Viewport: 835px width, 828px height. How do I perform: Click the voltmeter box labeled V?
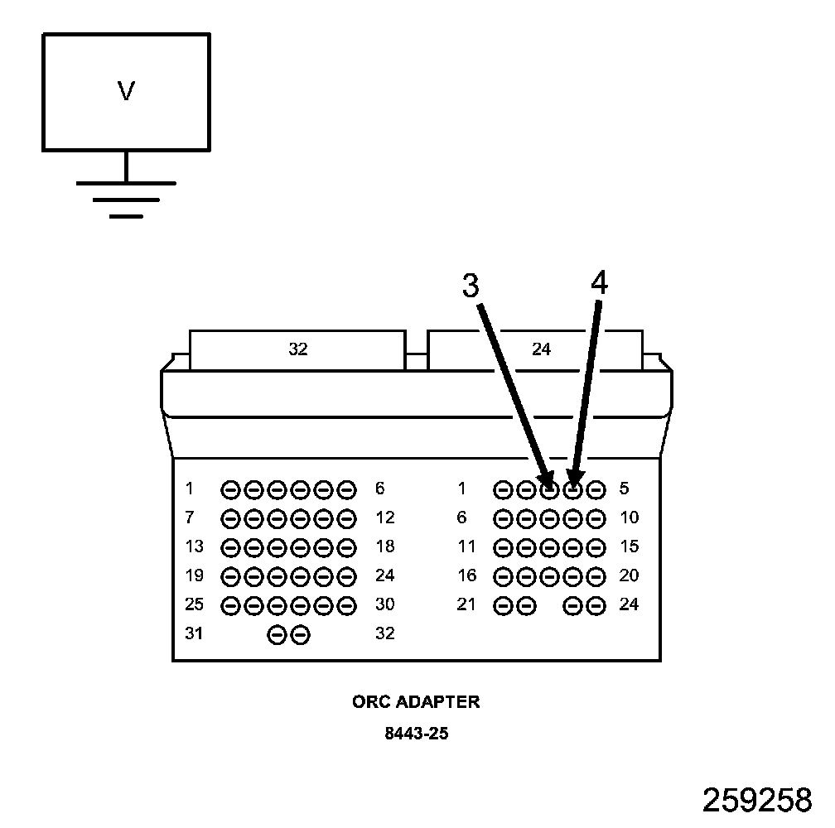coord(126,92)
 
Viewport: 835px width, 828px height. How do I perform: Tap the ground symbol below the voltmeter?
coord(126,198)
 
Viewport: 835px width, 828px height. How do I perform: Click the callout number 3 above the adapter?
coord(471,286)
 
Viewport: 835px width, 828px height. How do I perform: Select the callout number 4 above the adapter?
coord(599,283)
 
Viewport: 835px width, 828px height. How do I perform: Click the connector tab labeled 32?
coord(297,349)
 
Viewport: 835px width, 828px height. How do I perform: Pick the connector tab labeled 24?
coord(540,349)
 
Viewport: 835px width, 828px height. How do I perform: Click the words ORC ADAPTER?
coord(416,702)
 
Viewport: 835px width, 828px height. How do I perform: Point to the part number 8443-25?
coord(416,733)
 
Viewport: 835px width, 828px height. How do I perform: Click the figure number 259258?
coord(757,800)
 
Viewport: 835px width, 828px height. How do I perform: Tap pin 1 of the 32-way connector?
coord(231,489)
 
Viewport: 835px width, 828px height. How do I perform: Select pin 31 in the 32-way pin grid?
coord(278,634)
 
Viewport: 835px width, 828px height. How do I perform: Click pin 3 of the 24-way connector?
coord(549,489)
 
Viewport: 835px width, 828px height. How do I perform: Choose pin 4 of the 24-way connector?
coord(572,489)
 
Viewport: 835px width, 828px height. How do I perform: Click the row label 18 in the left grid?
coord(384,546)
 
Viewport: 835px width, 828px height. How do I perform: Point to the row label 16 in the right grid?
coord(466,575)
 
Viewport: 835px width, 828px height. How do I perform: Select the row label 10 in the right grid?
coord(629,518)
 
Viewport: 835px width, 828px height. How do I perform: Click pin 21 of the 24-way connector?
coord(503,605)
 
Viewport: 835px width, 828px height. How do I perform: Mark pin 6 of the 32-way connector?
coord(347,489)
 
